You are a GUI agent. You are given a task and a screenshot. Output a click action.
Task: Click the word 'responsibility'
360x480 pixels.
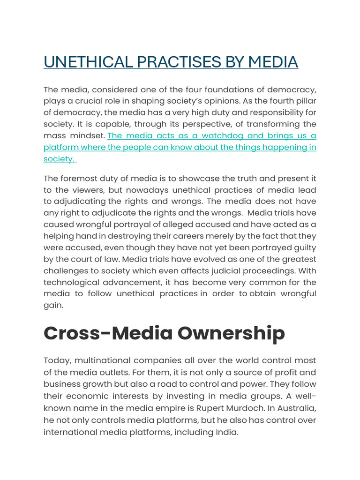point(268,113)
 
